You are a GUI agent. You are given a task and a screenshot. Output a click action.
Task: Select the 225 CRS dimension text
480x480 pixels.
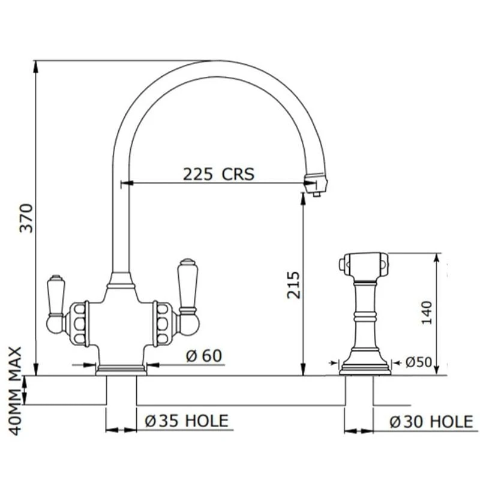pos(218,174)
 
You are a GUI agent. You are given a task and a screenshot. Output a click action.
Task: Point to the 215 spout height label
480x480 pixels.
pos(292,284)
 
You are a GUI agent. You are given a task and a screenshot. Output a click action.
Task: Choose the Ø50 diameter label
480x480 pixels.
pos(419,362)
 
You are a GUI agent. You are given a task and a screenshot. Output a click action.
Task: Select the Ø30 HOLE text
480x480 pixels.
pos(431,422)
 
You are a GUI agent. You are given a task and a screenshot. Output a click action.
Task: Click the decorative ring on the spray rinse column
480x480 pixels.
pos(365,315)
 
